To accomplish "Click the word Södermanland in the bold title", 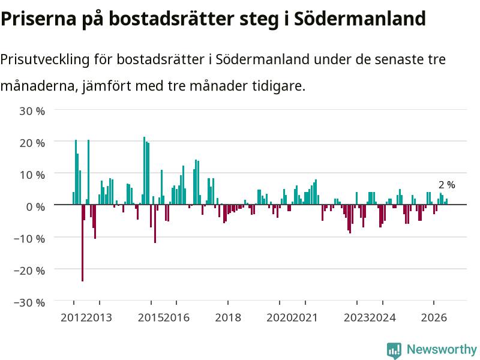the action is point(359,19).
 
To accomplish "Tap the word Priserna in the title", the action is point(38,19).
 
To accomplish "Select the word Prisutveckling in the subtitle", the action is point(44,59).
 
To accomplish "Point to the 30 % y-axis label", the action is point(32,111).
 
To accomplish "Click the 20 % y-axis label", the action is point(32,143).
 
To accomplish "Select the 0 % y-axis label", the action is point(35,207).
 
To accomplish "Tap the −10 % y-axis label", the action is point(29,239).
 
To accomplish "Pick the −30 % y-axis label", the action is point(29,303).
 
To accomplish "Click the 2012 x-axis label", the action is point(73,317).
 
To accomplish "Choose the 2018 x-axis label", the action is point(228,317).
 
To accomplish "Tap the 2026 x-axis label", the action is point(434,317).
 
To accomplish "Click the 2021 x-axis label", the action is point(305,317).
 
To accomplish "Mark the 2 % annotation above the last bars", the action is point(447,185).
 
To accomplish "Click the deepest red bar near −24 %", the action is point(82,243).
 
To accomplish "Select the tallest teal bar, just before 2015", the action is point(145,170).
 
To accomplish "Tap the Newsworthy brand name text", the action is point(442,349).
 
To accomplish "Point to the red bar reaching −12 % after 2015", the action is point(155,224).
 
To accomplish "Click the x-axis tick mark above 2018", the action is point(228,303).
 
